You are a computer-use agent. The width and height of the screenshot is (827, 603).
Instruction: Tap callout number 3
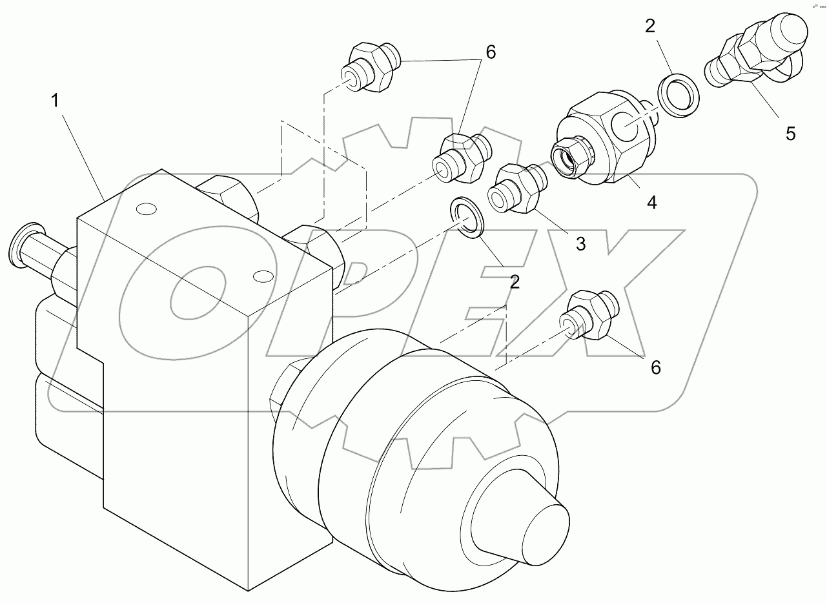tap(580, 244)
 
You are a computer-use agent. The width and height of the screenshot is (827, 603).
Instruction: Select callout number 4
tap(652, 203)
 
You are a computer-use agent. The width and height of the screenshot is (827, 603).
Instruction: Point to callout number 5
tap(790, 134)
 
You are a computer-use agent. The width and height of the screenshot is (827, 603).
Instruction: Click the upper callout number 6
tap(491, 53)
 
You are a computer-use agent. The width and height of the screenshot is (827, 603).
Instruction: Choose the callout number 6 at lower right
tap(656, 367)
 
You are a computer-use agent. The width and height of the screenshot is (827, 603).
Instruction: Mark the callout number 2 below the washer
tap(514, 281)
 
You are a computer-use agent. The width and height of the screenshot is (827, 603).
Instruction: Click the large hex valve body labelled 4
tap(600, 139)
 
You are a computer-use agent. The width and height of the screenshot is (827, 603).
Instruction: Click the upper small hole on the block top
tap(147, 209)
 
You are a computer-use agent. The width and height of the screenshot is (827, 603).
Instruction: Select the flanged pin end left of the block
tap(26, 247)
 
